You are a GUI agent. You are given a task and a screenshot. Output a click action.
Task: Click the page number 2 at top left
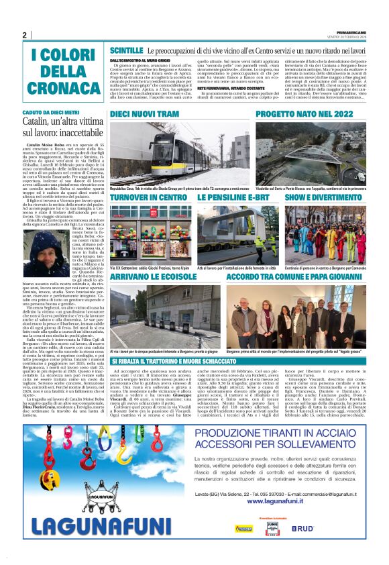pos(24,36)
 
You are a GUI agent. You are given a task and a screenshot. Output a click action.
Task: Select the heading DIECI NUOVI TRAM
pos(144,115)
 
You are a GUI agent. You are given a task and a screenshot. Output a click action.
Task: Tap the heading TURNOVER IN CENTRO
pos(148,198)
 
